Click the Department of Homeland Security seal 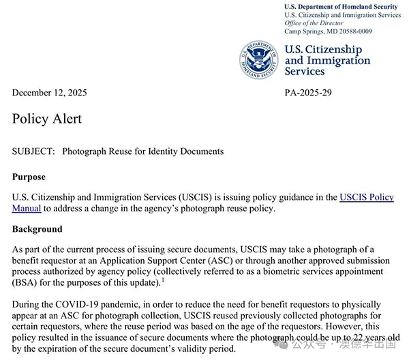tap(259, 60)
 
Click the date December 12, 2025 tap(49, 93)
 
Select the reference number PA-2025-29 tap(308, 93)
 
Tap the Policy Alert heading tap(47, 119)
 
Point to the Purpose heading tap(29, 177)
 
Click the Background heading tap(37, 229)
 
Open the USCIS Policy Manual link tap(366, 198)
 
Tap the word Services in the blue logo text tap(305, 72)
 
